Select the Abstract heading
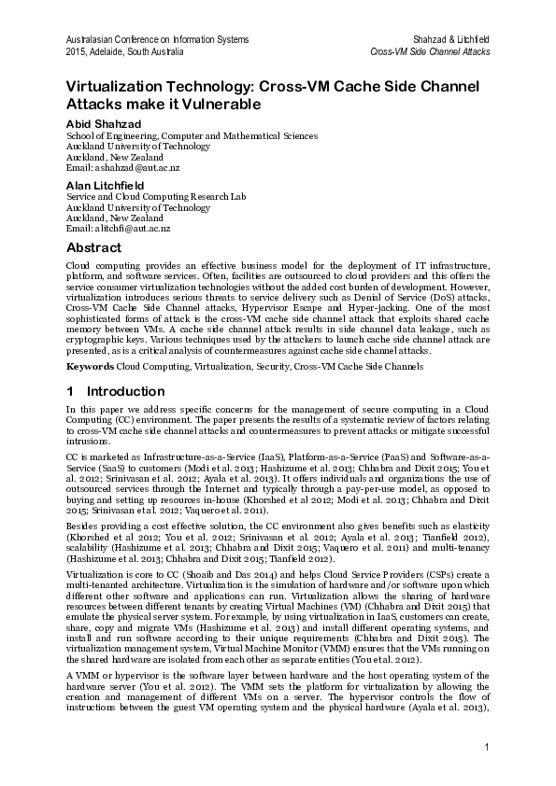click(93, 248)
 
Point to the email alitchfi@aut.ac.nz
click(118, 229)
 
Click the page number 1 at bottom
click(487, 747)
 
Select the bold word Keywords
click(89, 367)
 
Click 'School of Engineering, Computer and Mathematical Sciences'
click(192, 136)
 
